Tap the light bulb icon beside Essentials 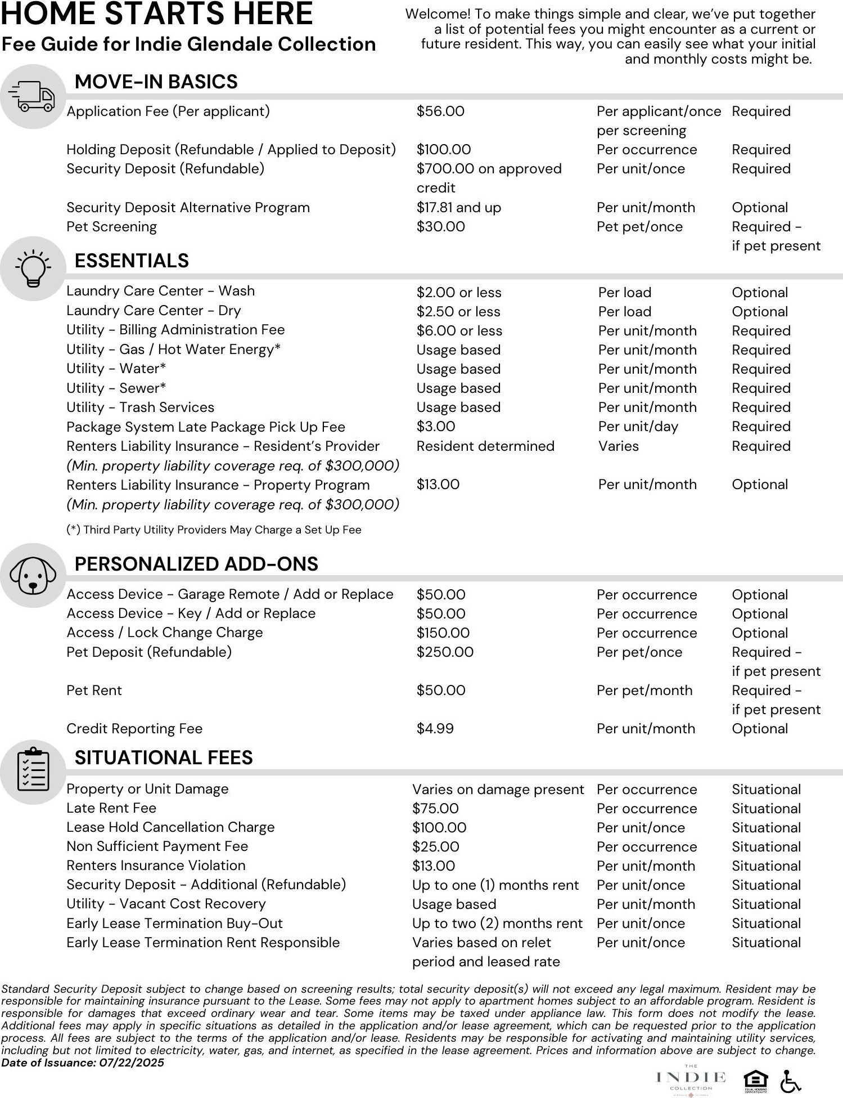[x=33, y=268]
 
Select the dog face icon [x=33, y=575]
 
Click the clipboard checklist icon [x=33, y=771]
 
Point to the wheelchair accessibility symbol [x=790, y=1081]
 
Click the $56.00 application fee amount [x=440, y=111]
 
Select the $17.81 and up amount [x=458, y=208]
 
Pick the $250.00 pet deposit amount [x=445, y=652]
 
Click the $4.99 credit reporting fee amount [x=435, y=729]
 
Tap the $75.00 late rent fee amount [x=435, y=809]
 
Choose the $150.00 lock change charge [x=443, y=633]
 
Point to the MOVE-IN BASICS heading [x=156, y=82]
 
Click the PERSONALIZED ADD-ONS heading [x=196, y=564]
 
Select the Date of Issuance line [x=83, y=1063]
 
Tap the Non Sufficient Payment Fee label [x=157, y=846]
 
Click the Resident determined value [x=485, y=446]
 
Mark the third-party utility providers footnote [x=214, y=530]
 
